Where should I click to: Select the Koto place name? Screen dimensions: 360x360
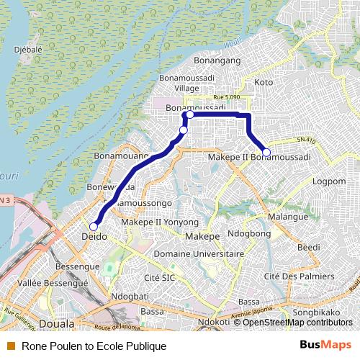264,83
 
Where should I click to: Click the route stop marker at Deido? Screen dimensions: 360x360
94,226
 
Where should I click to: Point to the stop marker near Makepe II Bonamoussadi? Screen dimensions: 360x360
266,152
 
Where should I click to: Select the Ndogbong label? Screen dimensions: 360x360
248,234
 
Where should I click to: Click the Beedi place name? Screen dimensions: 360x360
309,247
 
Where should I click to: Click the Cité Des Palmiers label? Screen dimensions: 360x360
300,276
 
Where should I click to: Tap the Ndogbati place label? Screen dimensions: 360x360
130,295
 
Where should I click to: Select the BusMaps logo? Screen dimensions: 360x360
325,345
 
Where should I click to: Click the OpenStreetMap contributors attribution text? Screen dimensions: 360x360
297,322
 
